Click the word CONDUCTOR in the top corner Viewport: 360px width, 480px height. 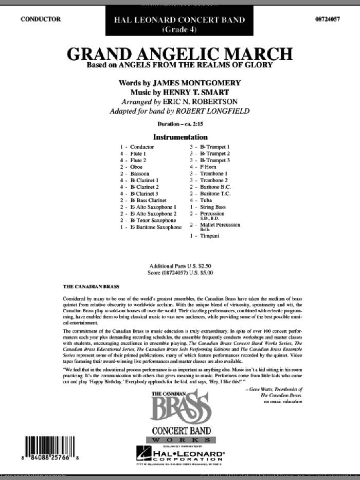[x=41, y=19]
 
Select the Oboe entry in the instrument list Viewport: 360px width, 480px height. [x=137, y=167]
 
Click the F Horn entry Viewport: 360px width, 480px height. [x=210, y=167]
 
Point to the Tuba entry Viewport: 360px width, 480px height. [x=208, y=200]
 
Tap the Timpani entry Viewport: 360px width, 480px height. [x=211, y=235]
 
